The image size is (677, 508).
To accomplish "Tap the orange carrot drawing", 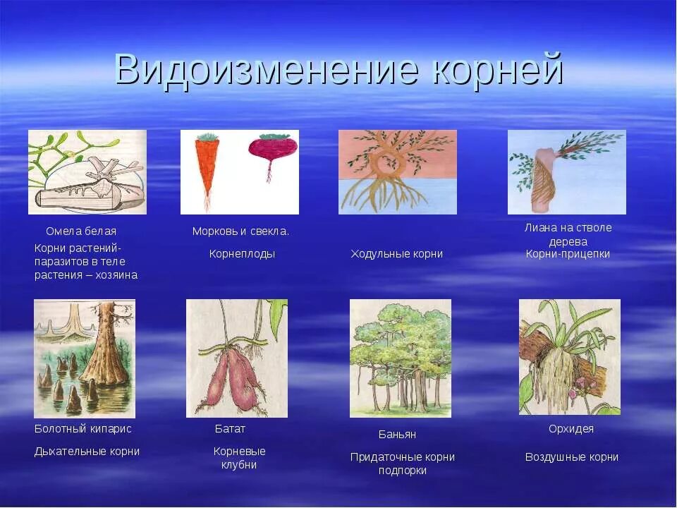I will click(205, 166).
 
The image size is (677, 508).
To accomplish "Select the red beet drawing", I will click(272, 150).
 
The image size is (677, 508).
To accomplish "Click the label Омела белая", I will click(81, 231).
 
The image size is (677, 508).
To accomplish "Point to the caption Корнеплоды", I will click(242, 254).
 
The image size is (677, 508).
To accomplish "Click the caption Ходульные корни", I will click(397, 254).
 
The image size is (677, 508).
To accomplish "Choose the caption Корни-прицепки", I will click(568, 254).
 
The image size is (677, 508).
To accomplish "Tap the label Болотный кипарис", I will click(83, 429).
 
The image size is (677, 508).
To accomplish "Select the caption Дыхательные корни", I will click(87, 452).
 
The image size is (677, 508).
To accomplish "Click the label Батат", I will click(230, 429).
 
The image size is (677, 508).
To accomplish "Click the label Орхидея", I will click(571, 429).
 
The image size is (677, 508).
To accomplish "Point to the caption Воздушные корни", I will click(571, 457).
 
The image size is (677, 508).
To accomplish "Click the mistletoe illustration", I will click(87, 172).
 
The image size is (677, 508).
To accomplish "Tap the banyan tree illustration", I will click(401, 358).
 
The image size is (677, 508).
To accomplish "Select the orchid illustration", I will click(570, 357).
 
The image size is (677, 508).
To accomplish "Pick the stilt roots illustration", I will click(398, 172).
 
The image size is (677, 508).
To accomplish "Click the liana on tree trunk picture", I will click(567, 172).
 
